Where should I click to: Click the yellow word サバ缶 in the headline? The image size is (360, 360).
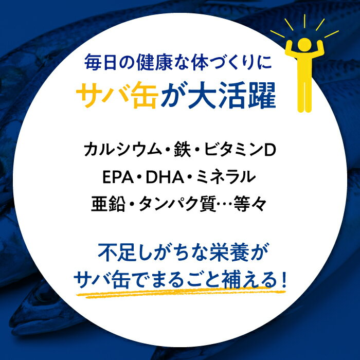pos(117,96)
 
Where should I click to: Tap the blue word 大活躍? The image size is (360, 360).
pos(232,96)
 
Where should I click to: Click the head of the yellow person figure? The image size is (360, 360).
pos(304,44)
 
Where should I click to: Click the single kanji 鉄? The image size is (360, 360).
pos(182,150)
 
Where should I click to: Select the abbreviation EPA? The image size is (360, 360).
pos(118,177)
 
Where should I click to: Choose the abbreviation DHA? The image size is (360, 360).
pos(165,177)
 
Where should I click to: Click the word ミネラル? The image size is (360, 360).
pos(226,177)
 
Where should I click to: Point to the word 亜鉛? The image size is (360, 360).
pos(108,204)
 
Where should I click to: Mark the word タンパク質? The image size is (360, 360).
pos(177,204)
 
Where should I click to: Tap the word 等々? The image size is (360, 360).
pos(250,204)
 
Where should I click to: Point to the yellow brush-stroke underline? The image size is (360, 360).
pos(181,293)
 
